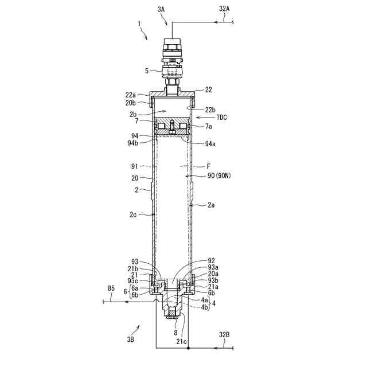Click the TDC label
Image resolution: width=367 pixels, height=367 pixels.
click(222, 117)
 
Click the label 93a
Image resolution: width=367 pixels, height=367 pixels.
click(213, 267)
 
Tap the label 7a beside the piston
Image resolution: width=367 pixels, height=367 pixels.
click(209, 126)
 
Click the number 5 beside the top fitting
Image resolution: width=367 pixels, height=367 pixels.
click(146, 71)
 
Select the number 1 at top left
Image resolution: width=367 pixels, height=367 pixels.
click(139, 24)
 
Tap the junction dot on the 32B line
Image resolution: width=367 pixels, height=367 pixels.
click(188, 348)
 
